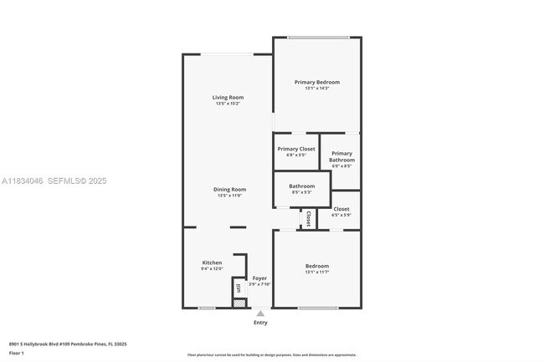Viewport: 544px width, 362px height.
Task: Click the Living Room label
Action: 228,98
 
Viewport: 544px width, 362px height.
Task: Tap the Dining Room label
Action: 228,190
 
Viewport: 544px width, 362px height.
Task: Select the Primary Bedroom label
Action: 317,82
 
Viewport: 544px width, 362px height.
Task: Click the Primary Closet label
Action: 296,149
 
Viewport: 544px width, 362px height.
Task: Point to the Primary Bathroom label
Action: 341,156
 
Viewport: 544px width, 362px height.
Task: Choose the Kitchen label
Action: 212,263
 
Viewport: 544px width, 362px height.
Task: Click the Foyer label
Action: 260,278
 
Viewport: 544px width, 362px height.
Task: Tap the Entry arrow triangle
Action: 260,314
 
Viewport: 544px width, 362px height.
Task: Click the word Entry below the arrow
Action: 260,323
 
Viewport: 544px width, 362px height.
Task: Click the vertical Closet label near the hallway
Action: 308,218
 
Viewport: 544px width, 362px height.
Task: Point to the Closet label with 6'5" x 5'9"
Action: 341,209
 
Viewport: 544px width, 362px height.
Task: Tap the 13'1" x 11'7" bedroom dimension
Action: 317,272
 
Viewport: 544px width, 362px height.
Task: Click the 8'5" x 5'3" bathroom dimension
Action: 302,192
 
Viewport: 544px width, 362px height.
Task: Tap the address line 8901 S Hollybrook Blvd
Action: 60,343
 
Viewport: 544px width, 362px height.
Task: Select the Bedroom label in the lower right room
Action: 317,266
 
